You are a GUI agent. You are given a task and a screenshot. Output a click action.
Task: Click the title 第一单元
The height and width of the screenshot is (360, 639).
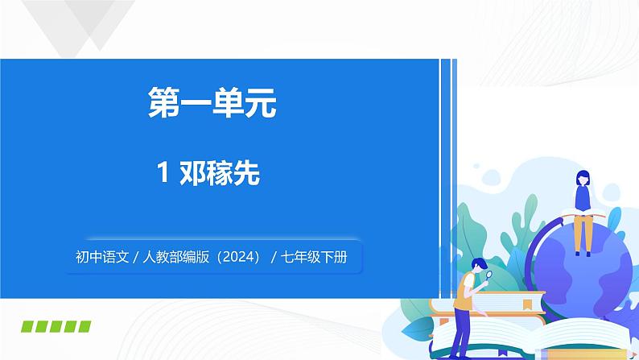pos(212,105)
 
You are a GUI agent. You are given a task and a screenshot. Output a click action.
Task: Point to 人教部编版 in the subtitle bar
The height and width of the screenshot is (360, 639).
pos(175,259)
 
